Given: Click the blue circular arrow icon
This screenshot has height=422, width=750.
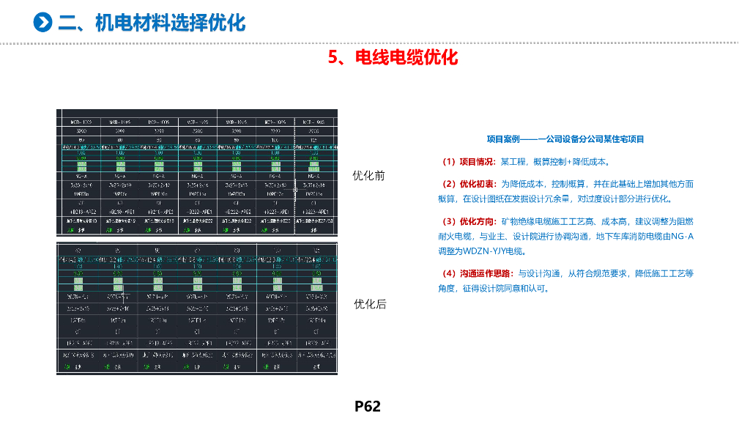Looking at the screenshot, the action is click(x=45, y=23).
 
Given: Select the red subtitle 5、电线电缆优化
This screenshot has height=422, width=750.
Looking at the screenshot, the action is click(x=393, y=57).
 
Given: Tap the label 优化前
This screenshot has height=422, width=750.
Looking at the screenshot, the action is click(x=368, y=176).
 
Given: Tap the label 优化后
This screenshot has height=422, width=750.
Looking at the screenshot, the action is click(x=370, y=303).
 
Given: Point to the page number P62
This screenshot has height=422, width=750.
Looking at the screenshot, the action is click(x=368, y=406).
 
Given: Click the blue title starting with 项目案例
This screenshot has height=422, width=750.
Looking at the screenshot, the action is click(x=565, y=138).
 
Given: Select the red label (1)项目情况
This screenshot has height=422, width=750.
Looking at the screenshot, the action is click(x=467, y=161).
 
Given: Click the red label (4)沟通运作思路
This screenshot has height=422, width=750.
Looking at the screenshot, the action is click(x=477, y=273).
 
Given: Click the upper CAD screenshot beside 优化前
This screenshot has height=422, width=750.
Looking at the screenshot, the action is click(x=198, y=173).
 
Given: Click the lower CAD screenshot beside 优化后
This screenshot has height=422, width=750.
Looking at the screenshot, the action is click(x=198, y=308).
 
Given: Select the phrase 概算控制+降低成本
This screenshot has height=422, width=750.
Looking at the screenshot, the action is click(x=566, y=161).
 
